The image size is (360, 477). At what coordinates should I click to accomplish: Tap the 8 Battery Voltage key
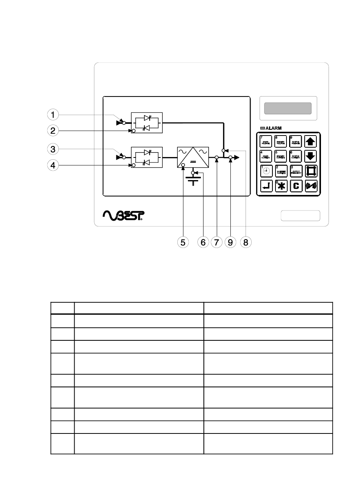pyautogui.click(x=281, y=141)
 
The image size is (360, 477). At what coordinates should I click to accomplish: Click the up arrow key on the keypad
pyautogui.click(x=311, y=141)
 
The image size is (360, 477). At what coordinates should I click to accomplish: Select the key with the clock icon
pyautogui.click(x=266, y=171)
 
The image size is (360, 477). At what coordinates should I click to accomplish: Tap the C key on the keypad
pyautogui.click(x=296, y=186)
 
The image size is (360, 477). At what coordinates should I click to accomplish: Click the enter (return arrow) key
pyautogui.click(x=266, y=186)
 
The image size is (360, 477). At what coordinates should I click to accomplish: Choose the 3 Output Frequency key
pyautogui.click(x=296, y=171)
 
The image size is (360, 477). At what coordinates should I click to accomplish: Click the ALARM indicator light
pyautogui.click(x=262, y=128)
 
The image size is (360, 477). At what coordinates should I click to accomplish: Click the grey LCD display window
pyautogui.click(x=288, y=108)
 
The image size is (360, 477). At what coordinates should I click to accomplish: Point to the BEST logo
pyautogui.click(x=124, y=215)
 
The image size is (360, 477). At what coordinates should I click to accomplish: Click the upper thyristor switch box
pyautogui.click(x=146, y=123)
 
